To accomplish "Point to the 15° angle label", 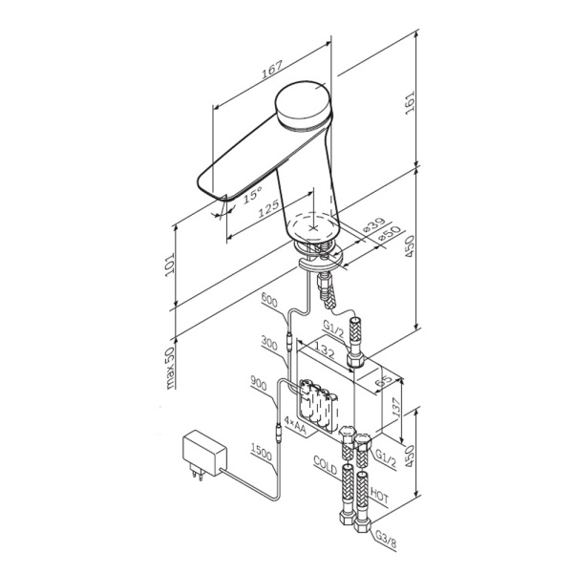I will pyautogui.click(x=251, y=197).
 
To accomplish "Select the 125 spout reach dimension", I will pyautogui.click(x=268, y=208).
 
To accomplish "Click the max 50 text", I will pyautogui.click(x=170, y=366).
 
